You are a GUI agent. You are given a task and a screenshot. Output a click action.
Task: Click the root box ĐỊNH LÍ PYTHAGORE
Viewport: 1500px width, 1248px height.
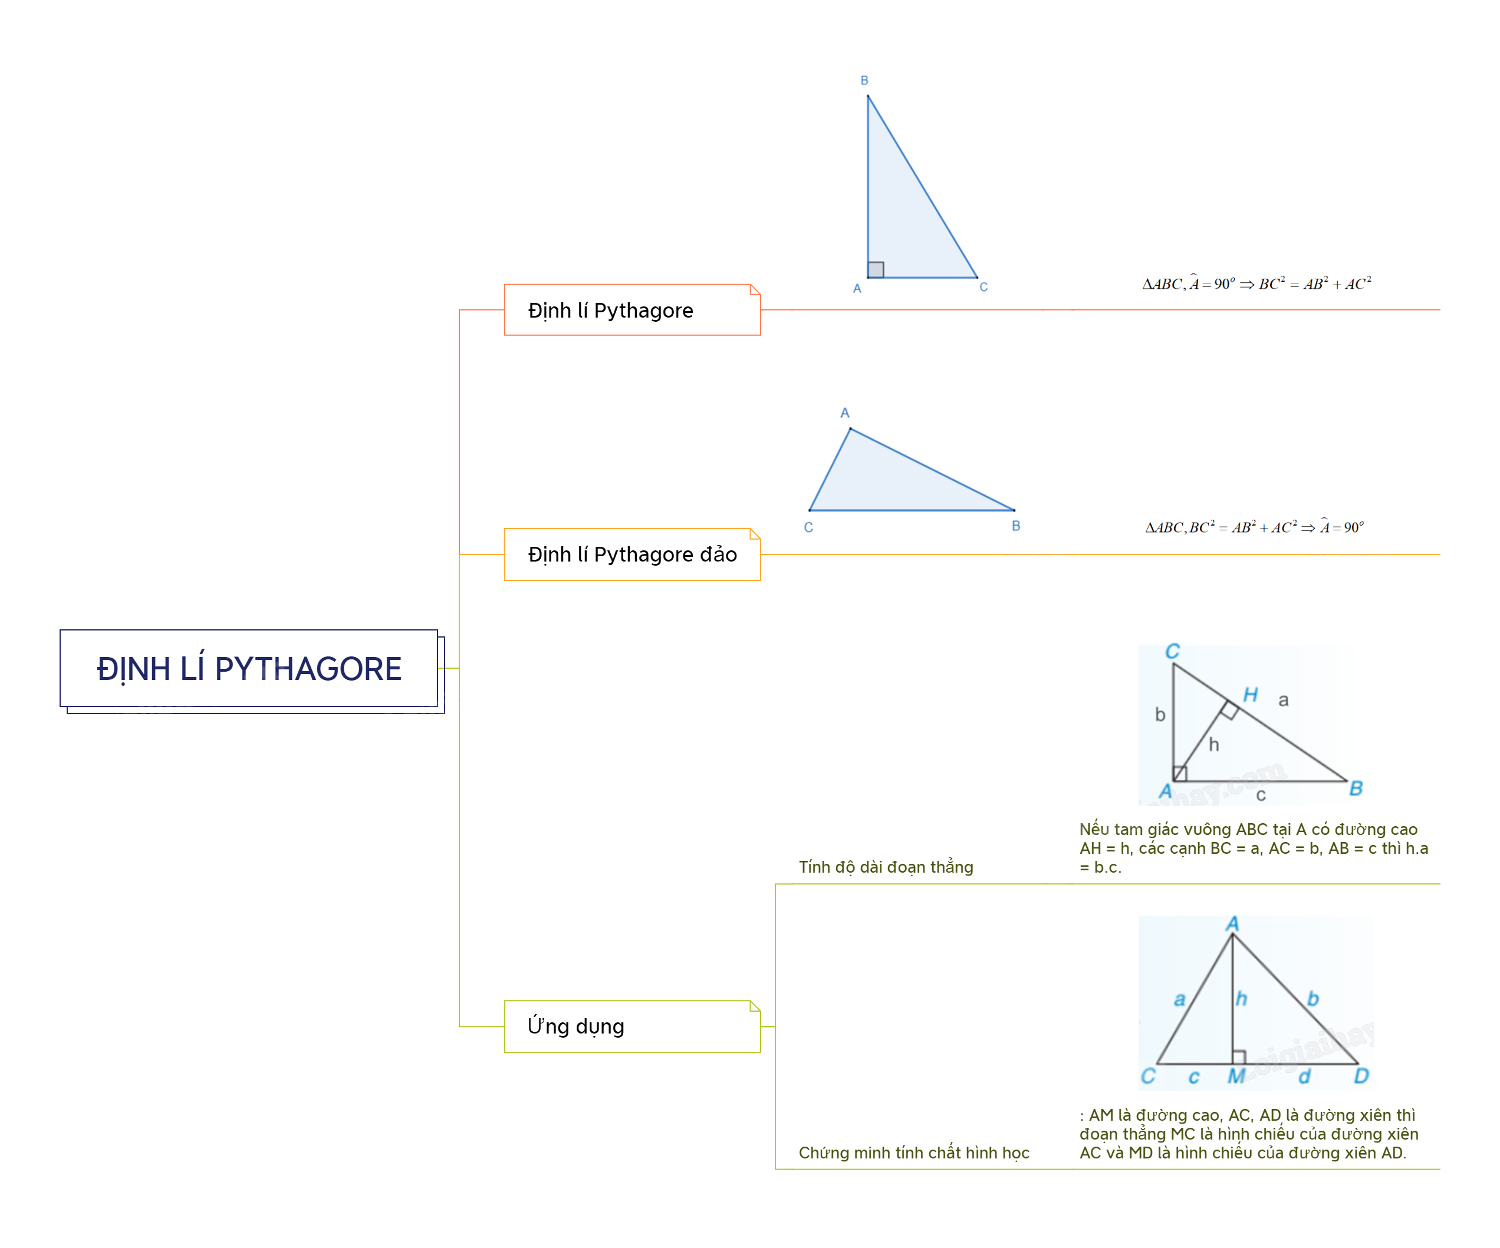[x=249, y=668]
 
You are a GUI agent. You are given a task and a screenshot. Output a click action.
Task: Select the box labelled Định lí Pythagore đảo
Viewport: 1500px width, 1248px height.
[x=632, y=554]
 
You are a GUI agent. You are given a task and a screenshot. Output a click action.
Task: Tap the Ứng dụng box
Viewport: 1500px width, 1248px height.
[x=632, y=1026]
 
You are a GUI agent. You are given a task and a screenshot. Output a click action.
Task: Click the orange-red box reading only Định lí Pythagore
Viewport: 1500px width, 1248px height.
[x=632, y=310]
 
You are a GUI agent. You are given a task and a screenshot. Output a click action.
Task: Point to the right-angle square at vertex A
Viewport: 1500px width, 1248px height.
[x=876, y=269]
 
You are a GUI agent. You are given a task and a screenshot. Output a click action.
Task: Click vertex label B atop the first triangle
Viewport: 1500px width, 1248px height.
[x=864, y=81]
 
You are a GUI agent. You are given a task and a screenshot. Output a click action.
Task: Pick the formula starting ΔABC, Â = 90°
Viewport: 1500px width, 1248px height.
[x=1256, y=283]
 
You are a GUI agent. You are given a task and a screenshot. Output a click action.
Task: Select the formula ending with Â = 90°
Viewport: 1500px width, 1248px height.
[x=1254, y=527]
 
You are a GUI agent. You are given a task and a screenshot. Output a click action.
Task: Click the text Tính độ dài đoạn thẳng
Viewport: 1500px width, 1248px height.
[x=886, y=867]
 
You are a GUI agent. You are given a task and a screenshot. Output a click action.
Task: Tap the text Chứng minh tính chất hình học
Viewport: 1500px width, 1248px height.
[x=913, y=1153]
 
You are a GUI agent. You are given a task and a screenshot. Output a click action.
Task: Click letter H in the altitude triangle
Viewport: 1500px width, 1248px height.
[x=1250, y=695]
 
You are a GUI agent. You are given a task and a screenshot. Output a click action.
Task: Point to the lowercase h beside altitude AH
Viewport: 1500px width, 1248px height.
[x=1213, y=745]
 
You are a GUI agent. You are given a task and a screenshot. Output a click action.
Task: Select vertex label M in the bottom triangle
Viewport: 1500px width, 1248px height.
[x=1236, y=1076]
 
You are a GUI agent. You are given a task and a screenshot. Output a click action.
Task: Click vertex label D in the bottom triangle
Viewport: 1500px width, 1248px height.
[x=1361, y=1076]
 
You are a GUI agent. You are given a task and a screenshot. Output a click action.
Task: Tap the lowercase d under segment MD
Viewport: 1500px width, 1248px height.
[x=1304, y=1076]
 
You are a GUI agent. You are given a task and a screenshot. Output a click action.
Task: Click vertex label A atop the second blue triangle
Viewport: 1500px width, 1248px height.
[x=845, y=412]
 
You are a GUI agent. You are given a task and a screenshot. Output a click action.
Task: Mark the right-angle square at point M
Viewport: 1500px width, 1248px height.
[x=1239, y=1056]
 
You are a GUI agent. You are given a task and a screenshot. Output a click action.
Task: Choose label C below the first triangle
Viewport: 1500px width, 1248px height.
[x=983, y=287]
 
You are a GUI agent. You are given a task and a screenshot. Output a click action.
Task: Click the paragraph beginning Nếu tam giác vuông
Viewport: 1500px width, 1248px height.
[x=1254, y=848]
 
